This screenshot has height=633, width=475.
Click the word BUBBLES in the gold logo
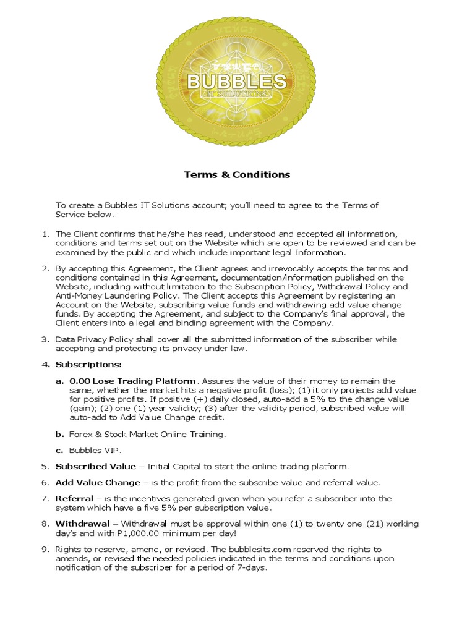tap(237, 81)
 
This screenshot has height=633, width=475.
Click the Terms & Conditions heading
tap(237, 174)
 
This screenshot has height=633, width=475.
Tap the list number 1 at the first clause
tap(45, 234)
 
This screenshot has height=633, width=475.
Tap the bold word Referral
tap(74, 498)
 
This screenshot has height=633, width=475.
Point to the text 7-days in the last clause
tap(252, 567)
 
